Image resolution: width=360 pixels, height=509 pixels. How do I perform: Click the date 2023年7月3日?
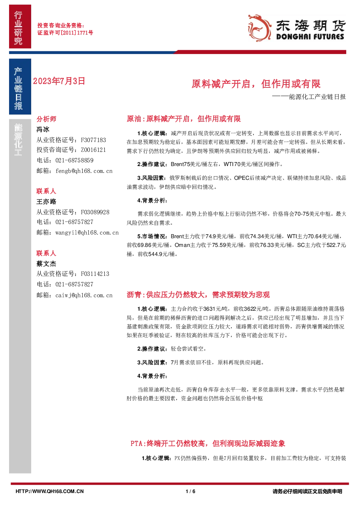click(x=59, y=81)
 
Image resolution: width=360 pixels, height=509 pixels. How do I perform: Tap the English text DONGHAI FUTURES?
click(x=310, y=37)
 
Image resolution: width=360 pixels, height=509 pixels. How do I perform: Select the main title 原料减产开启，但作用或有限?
click(x=256, y=84)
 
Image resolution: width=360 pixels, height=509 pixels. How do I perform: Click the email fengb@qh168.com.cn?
click(x=84, y=171)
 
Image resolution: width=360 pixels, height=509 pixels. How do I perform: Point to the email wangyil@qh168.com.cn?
click(x=87, y=232)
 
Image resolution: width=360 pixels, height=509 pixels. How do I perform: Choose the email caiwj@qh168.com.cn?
click(x=84, y=295)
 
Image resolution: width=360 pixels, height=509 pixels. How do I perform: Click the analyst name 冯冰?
click(x=43, y=129)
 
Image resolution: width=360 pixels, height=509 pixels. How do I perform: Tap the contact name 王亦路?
click(x=46, y=201)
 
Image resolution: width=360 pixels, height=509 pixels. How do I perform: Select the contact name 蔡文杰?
click(x=46, y=264)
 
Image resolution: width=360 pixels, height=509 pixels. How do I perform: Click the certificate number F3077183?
click(x=94, y=140)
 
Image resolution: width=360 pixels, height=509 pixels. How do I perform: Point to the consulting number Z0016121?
click(x=94, y=150)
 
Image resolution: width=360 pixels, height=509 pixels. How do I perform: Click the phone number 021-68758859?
click(x=74, y=161)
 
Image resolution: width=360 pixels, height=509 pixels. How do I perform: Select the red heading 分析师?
click(x=46, y=119)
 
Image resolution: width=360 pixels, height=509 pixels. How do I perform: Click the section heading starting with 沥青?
click(x=198, y=295)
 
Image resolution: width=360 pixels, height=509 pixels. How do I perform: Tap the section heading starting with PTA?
click(x=208, y=443)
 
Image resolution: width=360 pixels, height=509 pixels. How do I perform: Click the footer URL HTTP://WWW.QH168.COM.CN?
click(x=50, y=491)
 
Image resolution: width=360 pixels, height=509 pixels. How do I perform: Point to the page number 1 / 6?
click(x=190, y=491)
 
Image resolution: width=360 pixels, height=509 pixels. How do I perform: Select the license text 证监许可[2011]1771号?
click(x=65, y=33)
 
